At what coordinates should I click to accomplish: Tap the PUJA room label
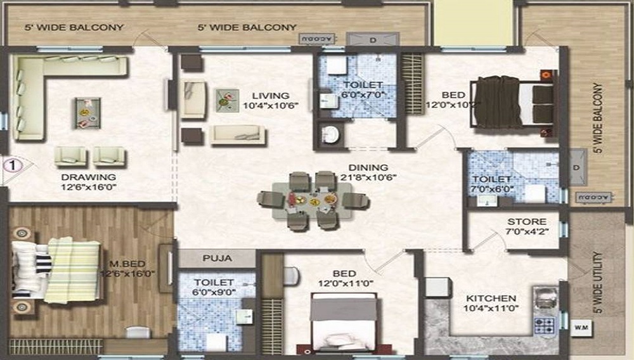click(216, 259)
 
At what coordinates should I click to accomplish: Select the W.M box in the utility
click(580, 328)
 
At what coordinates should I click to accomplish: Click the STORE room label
click(526, 222)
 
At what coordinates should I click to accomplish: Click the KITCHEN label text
click(491, 298)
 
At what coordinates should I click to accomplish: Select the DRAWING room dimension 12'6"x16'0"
click(89, 188)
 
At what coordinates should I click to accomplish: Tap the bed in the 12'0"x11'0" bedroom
click(342, 323)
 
